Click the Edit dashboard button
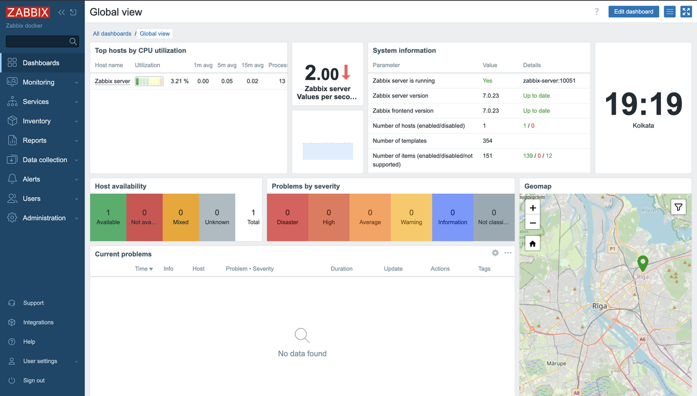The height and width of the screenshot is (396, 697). coord(633,11)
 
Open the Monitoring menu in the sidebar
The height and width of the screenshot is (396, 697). coord(38,82)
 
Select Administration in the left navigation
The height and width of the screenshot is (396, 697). coord(44,218)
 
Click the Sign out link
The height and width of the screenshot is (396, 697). coord(34,381)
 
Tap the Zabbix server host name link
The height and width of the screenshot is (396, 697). coord(112,81)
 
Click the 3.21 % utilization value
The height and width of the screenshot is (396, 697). coord(179,81)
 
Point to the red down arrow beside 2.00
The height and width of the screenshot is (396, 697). coord(346,73)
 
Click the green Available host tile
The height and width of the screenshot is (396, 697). coord(108,217)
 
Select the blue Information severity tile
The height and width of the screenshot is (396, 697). coord(453,217)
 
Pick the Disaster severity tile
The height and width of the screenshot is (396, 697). coord(288,217)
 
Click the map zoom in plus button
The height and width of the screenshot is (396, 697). coord(533,208)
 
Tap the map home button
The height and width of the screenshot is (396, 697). coord(533,244)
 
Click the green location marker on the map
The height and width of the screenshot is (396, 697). coord(643,263)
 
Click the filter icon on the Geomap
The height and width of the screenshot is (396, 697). coord(678,207)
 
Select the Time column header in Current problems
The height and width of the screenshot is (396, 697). coord(143,269)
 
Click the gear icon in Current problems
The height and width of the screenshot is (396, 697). coord(495,253)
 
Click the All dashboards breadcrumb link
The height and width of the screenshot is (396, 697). coord(112,34)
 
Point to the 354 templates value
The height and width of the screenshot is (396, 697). coord(487,141)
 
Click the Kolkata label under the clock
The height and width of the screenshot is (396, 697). coord(643,125)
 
